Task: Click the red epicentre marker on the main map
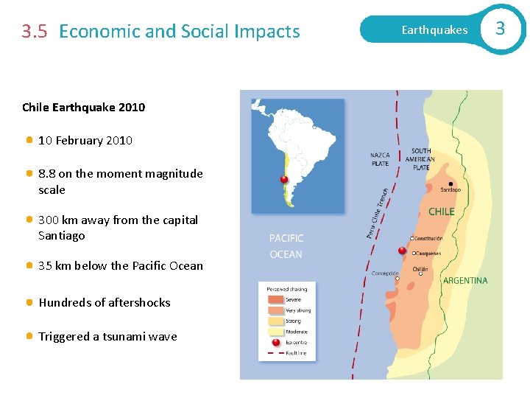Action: point(402,251)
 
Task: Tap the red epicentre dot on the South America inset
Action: point(284,179)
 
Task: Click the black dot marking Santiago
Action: point(451,184)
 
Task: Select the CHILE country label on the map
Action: point(442,212)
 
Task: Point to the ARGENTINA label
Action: point(464,281)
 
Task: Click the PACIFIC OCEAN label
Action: point(286,246)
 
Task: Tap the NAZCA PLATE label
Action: point(380,159)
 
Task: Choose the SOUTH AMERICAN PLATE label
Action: point(421,159)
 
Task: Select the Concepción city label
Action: point(385,273)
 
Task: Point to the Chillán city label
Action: point(420,269)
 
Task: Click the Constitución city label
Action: point(429,239)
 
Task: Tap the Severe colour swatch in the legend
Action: point(276,300)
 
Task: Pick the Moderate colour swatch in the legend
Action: point(276,332)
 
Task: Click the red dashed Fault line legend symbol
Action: point(276,354)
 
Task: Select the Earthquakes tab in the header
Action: point(434,30)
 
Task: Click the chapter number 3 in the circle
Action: point(500,29)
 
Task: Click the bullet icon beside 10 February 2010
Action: point(29,140)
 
